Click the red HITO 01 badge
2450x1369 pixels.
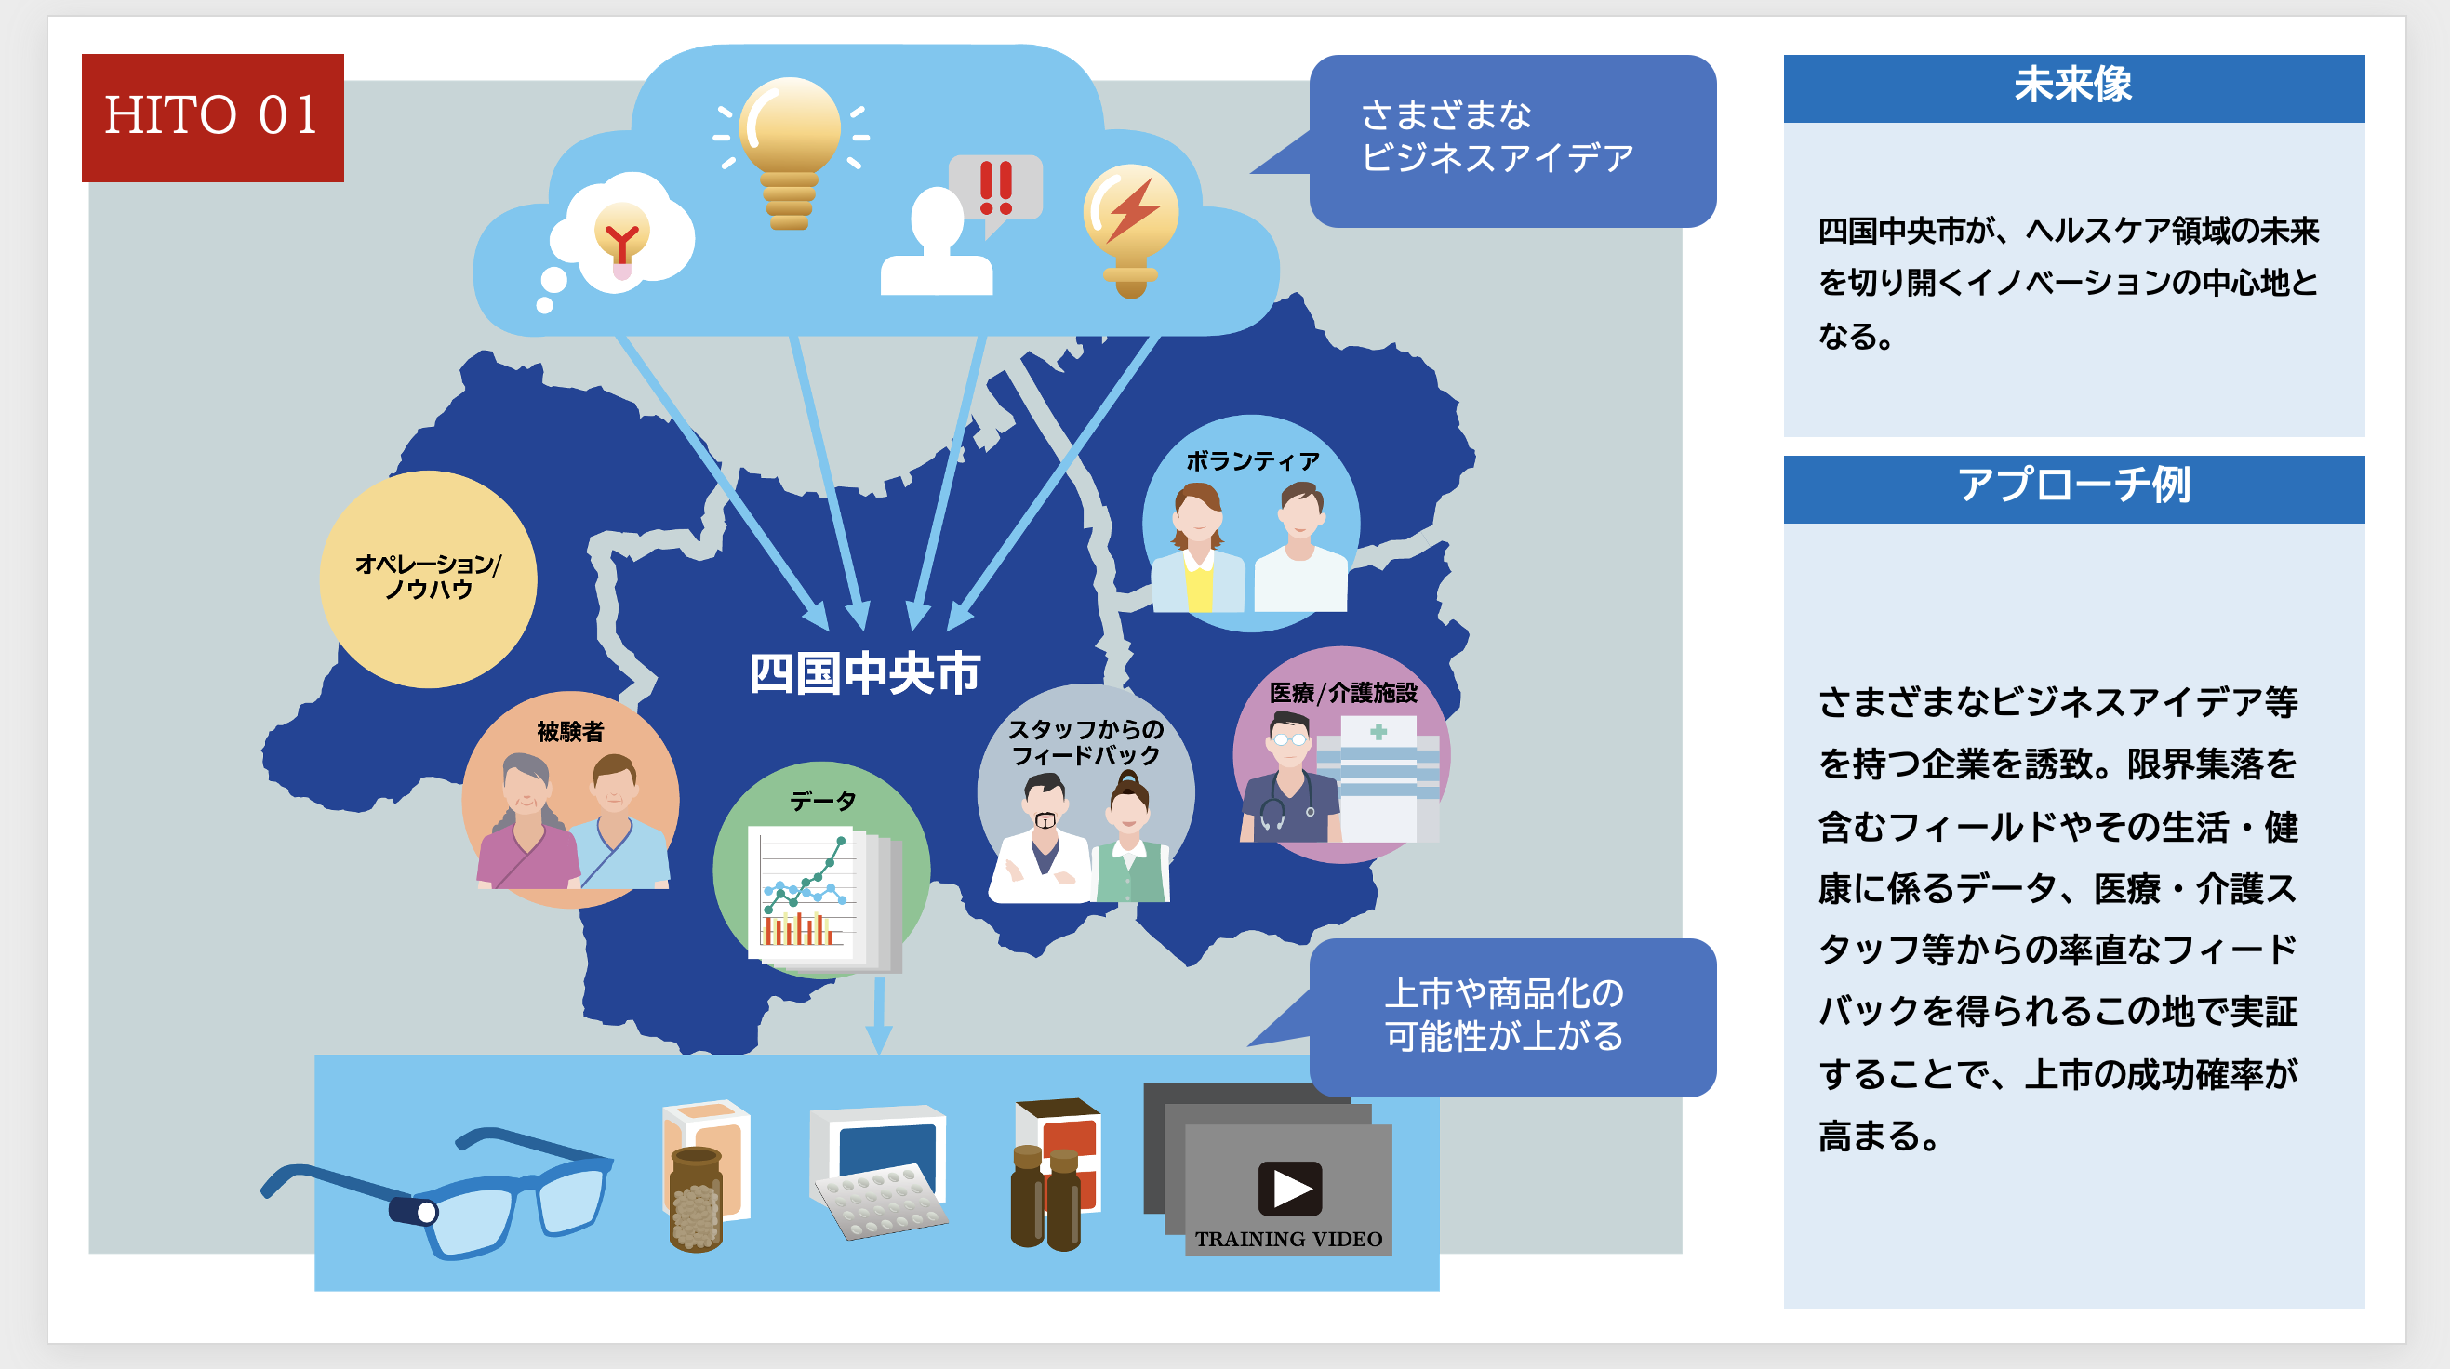click(x=212, y=118)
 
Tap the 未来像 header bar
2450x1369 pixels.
click(x=2073, y=88)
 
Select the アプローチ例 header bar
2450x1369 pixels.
click(x=2073, y=488)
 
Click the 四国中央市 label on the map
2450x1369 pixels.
click(x=863, y=673)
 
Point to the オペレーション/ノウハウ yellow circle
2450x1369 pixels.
click(x=428, y=579)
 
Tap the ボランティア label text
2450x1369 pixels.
click(x=1253, y=461)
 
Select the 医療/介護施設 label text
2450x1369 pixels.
click(x=1343, y=693)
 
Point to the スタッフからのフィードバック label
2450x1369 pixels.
click(x=1085, y=742)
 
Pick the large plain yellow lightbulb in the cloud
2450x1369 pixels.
click(x=791, y=153)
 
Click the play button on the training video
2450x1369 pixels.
click(x=1290, y=1189)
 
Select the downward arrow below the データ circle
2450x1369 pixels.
click(x=880, y=1016)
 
